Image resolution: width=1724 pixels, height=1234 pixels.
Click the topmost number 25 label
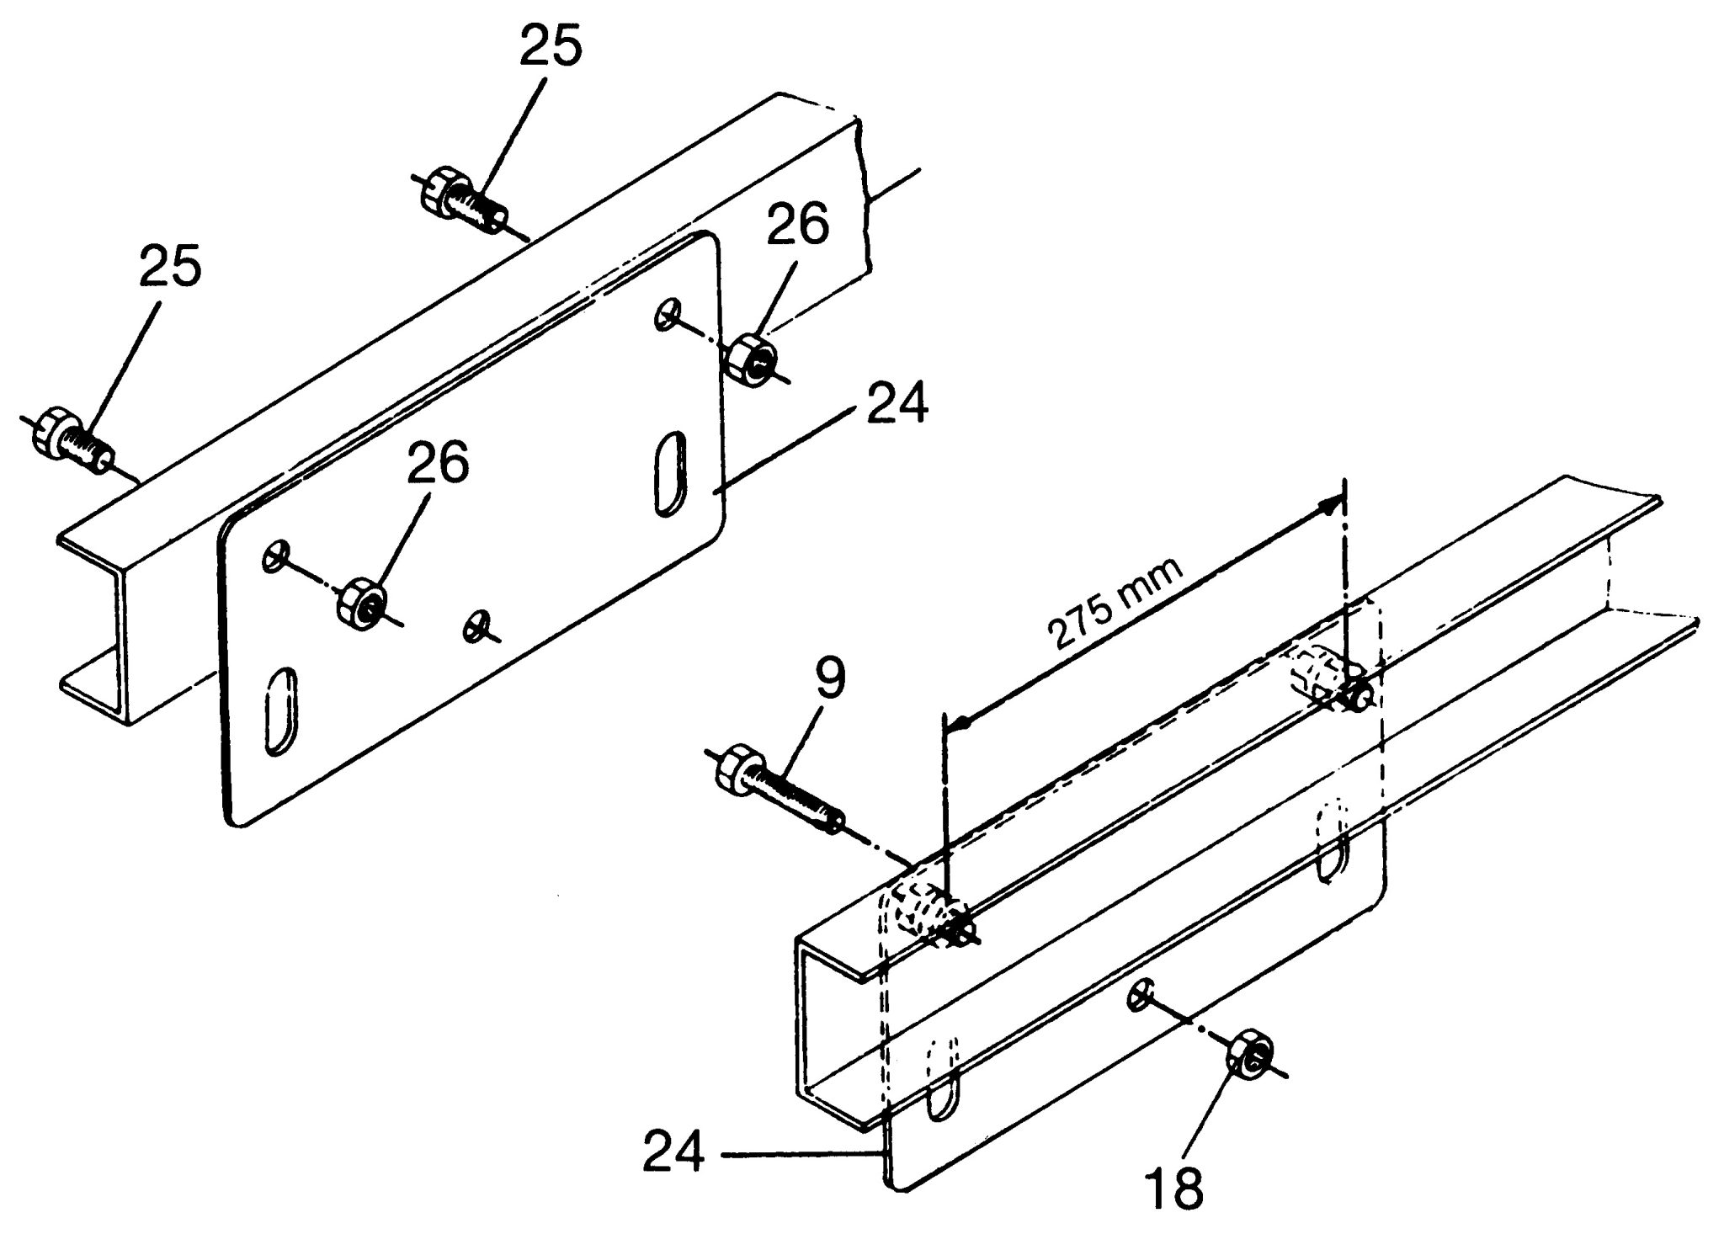(551, 47)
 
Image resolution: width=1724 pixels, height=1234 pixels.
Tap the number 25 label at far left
(171, 266)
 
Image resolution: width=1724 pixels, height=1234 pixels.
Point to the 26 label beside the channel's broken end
(796, 225)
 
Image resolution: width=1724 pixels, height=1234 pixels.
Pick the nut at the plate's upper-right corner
(752, 360)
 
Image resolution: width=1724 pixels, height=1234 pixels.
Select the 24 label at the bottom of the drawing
(673, 1153)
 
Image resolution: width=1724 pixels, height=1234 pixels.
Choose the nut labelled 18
(1252, 1056)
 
